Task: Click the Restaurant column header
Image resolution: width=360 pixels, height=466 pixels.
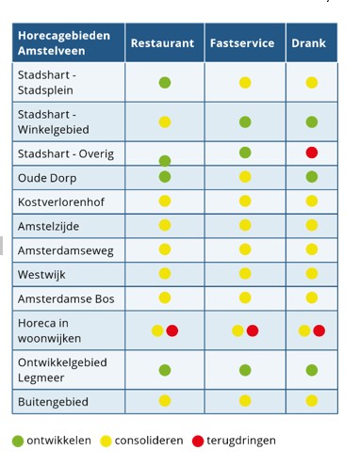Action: click(162, 43)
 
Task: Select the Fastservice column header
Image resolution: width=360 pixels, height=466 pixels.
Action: click(242, 43)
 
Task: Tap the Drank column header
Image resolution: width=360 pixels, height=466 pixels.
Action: click(309, 43)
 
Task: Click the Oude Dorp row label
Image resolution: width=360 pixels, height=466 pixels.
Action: click(45, 177)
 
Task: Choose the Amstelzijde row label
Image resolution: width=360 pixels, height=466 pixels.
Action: click(52, 226)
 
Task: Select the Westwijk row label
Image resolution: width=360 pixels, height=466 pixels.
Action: click(44, 274)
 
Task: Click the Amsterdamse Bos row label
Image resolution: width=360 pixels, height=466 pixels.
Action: click(64, 298)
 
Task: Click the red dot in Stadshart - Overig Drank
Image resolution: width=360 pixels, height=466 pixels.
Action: click(312, 153)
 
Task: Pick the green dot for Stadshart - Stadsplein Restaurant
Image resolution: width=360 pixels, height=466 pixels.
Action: click(165, 83)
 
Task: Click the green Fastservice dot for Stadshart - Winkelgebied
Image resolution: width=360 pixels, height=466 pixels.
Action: click(245, 121)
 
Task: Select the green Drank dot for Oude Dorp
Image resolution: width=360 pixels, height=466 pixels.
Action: click(312, 177)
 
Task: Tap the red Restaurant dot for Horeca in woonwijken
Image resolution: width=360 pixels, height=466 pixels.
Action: click(172, 330)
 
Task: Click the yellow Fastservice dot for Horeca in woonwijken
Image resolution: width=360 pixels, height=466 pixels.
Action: click(237, 330)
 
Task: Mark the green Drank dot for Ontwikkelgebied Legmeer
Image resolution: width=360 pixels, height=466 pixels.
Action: click(312, 370)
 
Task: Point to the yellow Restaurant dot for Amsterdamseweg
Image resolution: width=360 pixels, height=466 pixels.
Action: click(165, 249)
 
